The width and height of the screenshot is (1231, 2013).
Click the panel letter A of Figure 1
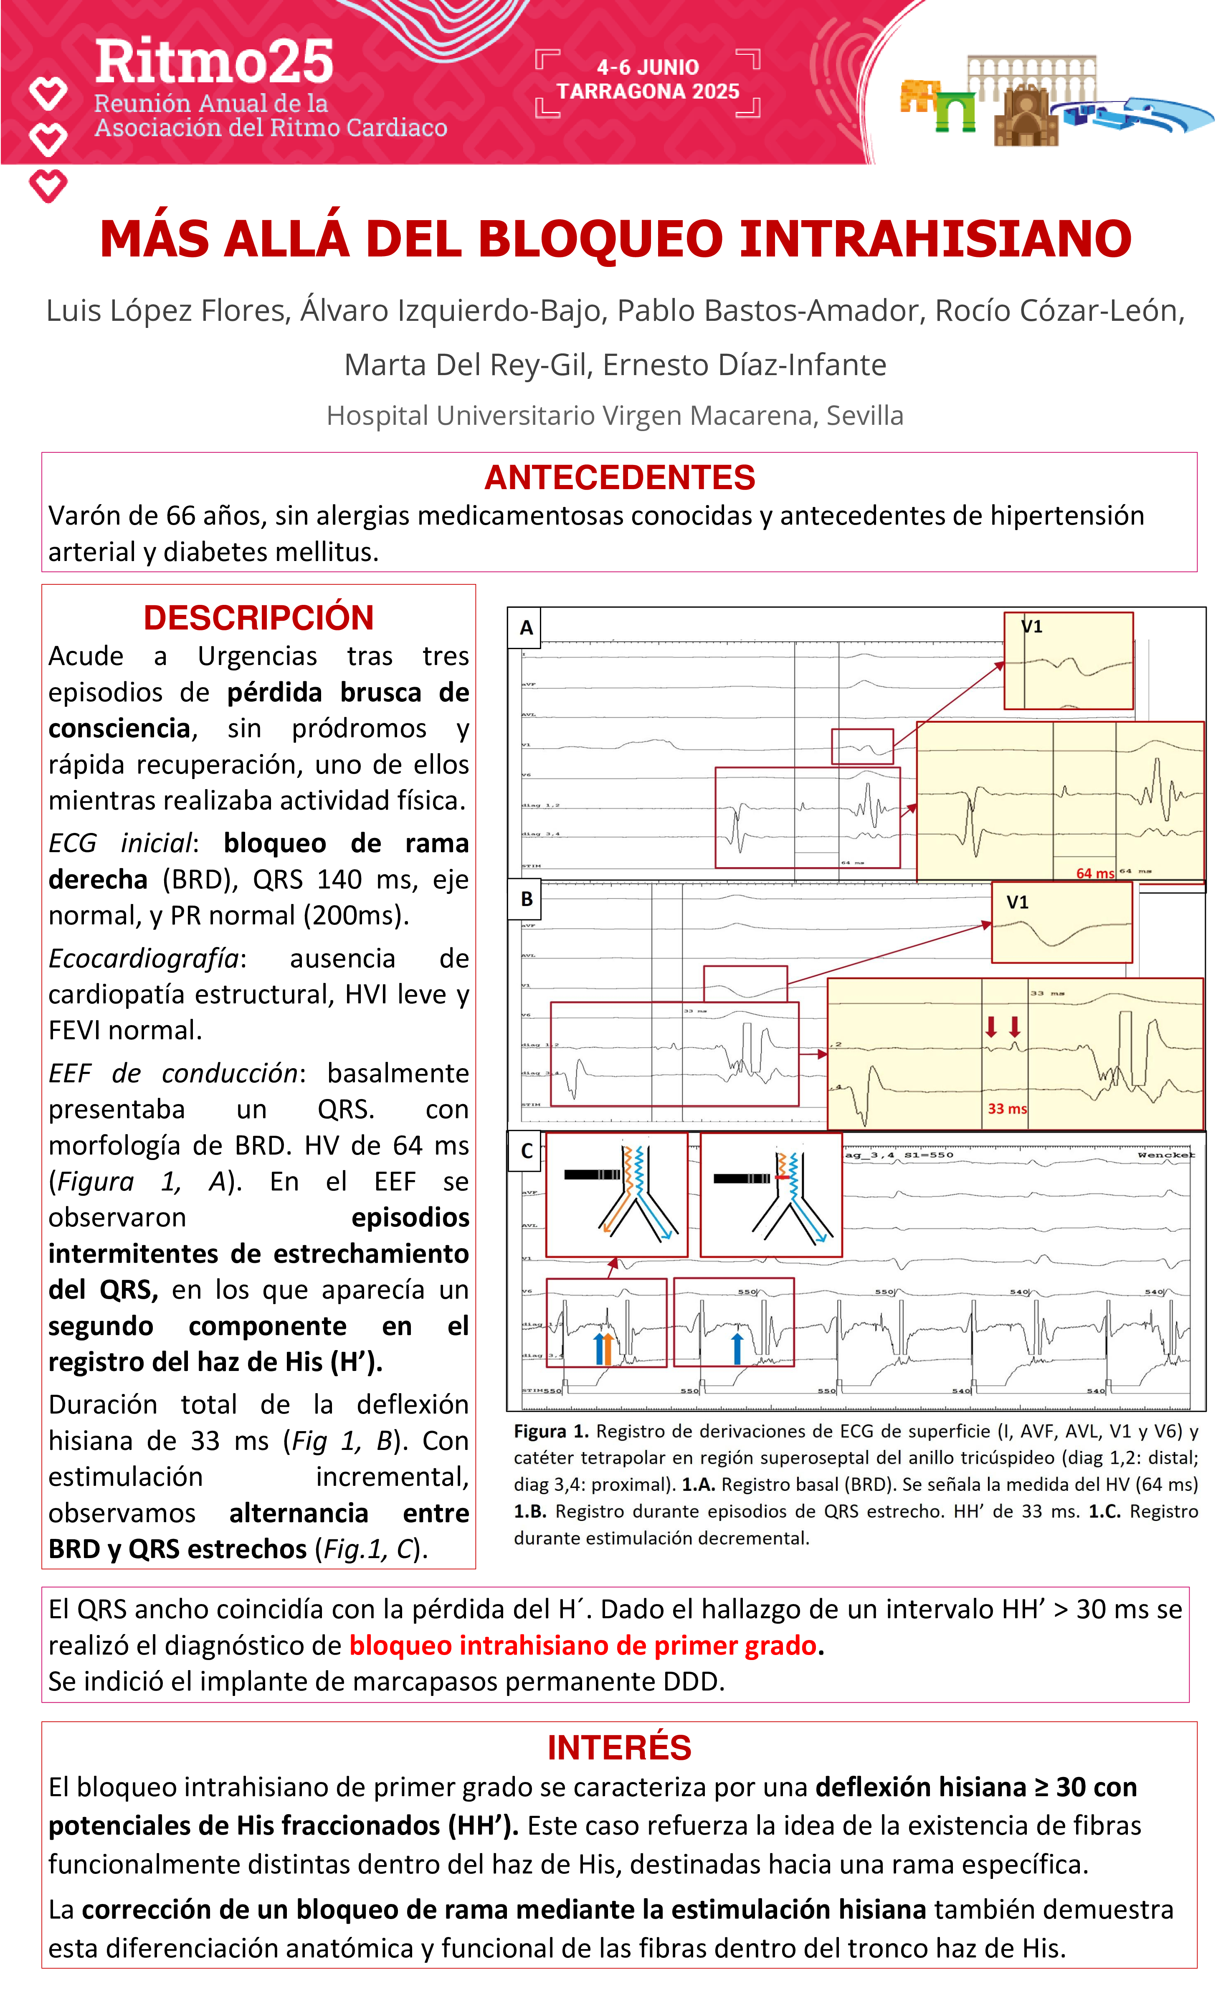[526, 627]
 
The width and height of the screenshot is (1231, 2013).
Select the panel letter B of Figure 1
[527, 899]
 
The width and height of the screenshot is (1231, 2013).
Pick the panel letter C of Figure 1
[527, 1151]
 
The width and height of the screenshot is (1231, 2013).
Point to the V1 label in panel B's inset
[1017, 902]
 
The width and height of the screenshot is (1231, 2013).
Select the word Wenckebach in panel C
[1166, 1155]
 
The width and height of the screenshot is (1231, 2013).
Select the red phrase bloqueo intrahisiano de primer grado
[583, 1645]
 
